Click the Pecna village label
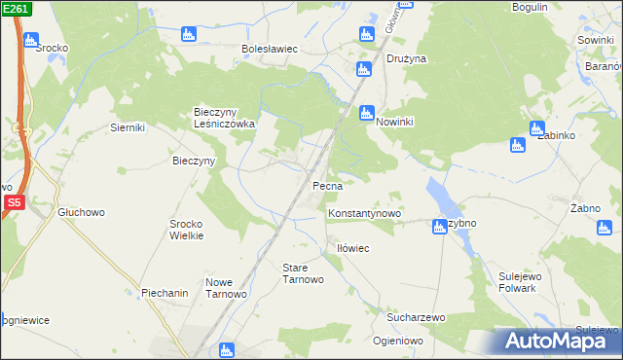pos(325,185)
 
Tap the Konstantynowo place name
pos(365,213)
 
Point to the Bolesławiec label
pos(270,49)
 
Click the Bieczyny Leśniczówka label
pos(224,118)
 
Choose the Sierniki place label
pos(128,127)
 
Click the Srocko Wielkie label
pos(186,229)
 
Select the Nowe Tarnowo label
pos(226,288)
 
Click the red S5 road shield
pos(13,203)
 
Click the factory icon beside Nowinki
pos(366,112)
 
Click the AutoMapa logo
pos(559,341)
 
